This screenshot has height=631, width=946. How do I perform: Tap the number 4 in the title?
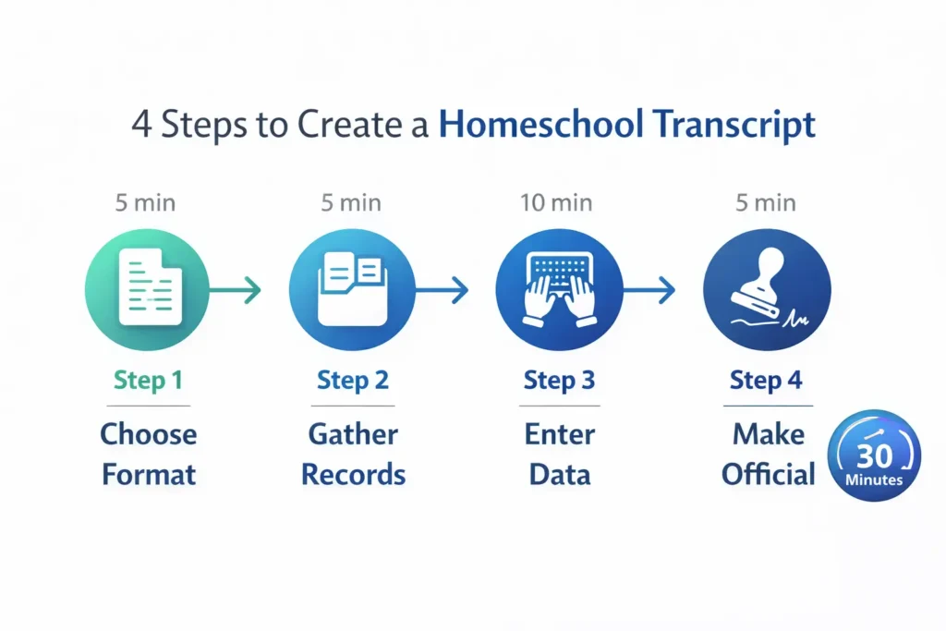pos(141,125)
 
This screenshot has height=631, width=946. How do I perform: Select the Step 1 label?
pos(148,380)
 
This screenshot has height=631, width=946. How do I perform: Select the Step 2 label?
pos(353,380)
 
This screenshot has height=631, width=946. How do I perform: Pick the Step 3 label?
pos(559,380)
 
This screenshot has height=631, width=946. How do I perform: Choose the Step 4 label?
pos(765,380)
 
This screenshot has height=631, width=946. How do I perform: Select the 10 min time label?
pos(559,202)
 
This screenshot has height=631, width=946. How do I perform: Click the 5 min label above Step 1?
pos(146,202)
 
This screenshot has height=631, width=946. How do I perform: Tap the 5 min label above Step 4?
pos(766,202)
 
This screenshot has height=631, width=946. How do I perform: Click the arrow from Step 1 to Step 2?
pos(236,291)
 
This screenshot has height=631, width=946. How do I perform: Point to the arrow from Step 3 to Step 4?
pos(650,291)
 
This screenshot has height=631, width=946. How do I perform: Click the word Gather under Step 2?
pos(353,433)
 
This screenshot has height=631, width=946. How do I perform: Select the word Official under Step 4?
pos(769,475)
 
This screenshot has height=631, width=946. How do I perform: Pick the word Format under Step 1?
pos(148,475)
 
